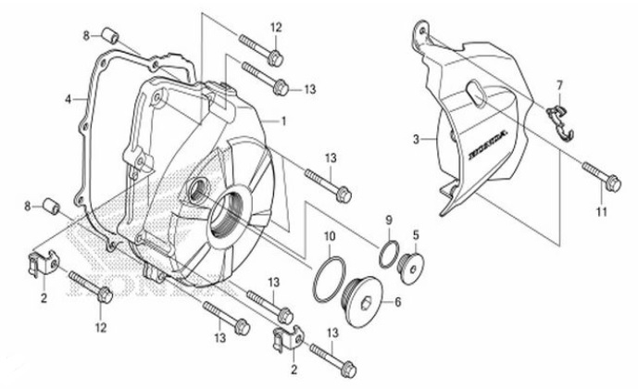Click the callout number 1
tap(283, 120)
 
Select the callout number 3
tap(417, 139)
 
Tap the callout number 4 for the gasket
tap(69, 98)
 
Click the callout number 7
tap(559, 86)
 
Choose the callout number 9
tap(390, 220)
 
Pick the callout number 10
tap(330, 237)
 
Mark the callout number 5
tap(416, 235)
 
